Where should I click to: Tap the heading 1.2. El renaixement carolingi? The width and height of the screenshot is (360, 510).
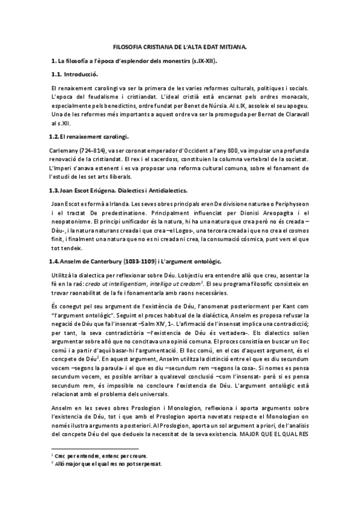click(x=90, y=135)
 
